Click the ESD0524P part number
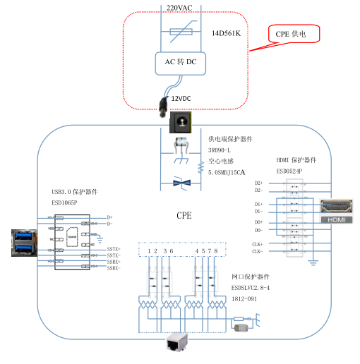[289, 171]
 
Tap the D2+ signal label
[259, 183]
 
